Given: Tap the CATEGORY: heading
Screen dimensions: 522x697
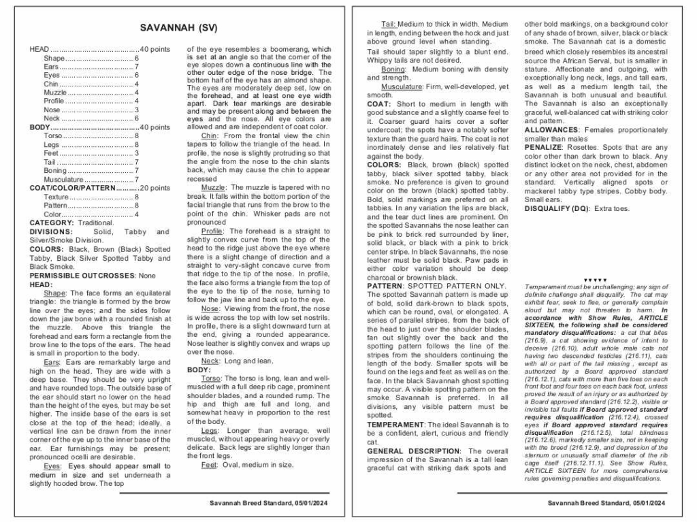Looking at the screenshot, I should point(52,223).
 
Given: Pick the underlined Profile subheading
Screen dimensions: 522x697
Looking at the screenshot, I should point(212,231).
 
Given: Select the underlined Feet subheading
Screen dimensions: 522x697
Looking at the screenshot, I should point(209,465).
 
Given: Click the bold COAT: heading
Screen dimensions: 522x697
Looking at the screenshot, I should point(378,104).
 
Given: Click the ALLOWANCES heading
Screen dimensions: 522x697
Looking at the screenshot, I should point(551,130).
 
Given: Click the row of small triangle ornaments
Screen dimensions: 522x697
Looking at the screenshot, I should point(595,280).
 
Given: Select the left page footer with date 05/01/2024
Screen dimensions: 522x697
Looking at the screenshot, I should point(269,503).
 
